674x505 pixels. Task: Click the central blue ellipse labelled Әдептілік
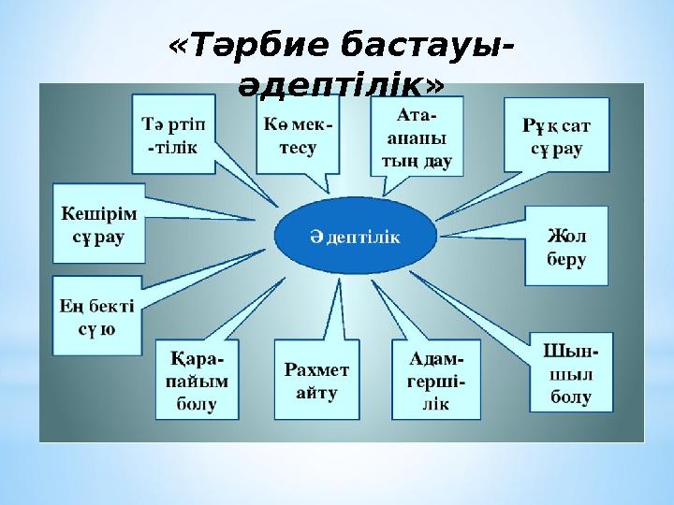[356, 236]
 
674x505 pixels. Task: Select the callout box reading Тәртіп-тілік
[173, 135]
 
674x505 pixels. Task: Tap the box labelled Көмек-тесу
[298, 135]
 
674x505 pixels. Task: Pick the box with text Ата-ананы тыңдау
[417, 137]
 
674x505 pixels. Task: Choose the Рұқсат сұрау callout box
[557, 135]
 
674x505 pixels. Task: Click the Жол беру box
[566, 246]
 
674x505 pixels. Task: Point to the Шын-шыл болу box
[571, 372]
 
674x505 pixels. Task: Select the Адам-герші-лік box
[436, 380]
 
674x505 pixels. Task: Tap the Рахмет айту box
[316, 380]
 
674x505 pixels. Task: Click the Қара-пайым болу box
[197, 380]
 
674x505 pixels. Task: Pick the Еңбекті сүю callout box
[97, 316]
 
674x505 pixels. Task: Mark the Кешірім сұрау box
[99, 224]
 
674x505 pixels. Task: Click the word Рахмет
[316, 369]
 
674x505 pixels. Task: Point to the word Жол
[566, 236]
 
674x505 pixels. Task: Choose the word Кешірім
[99, 213]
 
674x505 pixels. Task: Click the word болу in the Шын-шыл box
[571, 397]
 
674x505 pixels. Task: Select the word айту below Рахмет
[316, 394]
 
